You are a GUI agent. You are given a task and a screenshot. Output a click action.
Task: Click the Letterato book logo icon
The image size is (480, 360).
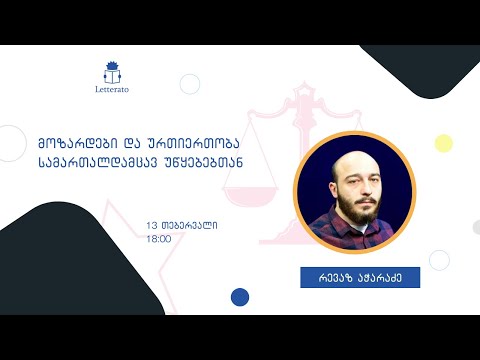point(111,71)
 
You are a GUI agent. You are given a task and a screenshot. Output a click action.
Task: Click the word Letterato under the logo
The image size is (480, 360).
point(111,89)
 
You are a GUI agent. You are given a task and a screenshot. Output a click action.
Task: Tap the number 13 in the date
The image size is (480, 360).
point(151,225)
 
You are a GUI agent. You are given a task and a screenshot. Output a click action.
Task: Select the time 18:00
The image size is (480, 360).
point(158,240)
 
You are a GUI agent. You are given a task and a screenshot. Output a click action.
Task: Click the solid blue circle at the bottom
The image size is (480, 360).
point(240,296)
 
